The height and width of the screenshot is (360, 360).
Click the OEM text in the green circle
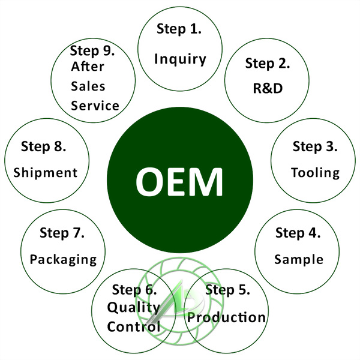(179, 180)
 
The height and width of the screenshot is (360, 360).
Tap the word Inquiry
(180, 59)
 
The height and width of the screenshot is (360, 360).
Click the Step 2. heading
(268, 63)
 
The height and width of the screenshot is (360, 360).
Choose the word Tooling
(315, 173)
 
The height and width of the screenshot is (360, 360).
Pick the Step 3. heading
(315, 146)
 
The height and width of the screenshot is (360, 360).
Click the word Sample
(298, 259)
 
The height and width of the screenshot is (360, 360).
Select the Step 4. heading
(298, 232)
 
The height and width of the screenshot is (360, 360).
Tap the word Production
(226, 317)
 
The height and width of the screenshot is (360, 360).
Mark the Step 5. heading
(227, 290)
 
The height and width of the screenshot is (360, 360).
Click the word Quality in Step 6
(133, 308)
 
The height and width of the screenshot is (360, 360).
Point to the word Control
(134, 327)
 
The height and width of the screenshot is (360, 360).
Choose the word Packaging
(63, 259)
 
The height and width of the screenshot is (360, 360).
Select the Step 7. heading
(62, 232)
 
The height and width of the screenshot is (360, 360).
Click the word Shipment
(45, 173)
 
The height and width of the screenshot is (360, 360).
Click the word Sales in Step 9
(88, 86)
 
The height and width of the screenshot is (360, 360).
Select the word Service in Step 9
(95, 106)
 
